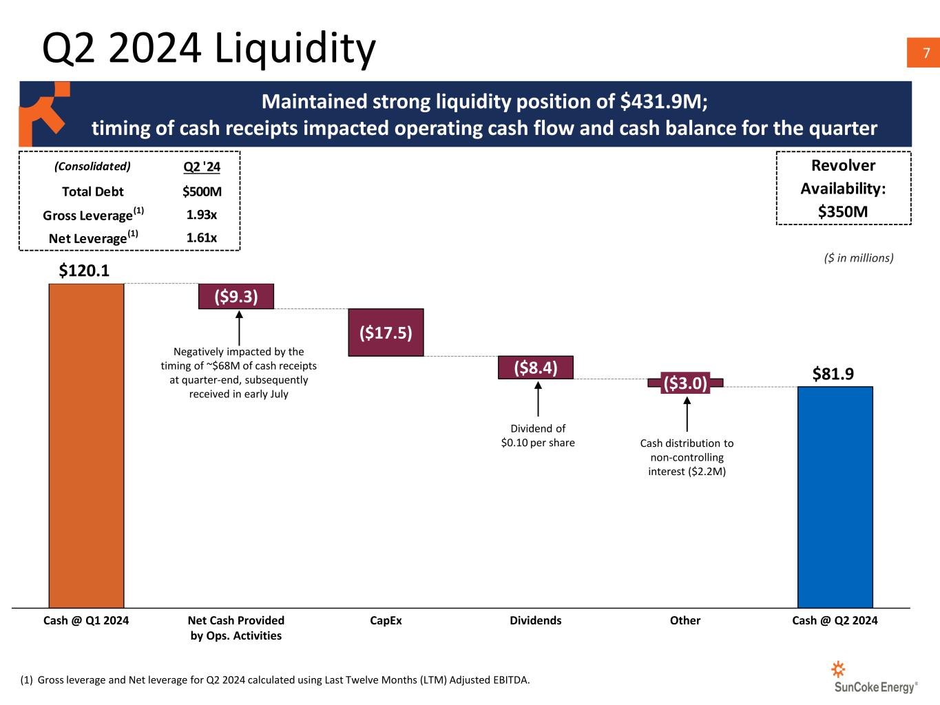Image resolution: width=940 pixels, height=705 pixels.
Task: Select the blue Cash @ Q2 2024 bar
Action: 835,496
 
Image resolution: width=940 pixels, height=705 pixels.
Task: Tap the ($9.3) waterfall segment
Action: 236,297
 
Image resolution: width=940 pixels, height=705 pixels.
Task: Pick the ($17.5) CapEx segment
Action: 386,333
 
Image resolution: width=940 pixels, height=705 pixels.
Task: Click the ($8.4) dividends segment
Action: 536,368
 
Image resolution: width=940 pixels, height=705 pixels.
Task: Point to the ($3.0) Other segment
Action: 685,383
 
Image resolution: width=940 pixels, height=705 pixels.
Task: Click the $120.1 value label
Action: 84,271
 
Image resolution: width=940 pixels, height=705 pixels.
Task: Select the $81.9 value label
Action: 833,374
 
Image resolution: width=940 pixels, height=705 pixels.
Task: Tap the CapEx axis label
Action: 386,620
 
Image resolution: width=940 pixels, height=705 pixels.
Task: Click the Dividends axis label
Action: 536,620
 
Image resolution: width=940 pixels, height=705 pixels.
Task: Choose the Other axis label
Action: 685,620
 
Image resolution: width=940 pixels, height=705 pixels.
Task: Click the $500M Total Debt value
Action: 202,191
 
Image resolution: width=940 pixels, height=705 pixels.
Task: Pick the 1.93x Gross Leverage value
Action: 202,215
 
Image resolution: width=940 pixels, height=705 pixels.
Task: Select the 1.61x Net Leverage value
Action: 202,238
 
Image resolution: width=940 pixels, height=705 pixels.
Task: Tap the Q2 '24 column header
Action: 202,167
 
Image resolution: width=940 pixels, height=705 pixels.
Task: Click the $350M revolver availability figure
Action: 843,211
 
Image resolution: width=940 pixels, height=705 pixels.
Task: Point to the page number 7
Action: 926,54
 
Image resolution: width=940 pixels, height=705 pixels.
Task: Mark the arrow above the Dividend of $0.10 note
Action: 538,399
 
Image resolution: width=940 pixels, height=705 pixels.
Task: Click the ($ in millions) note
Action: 859,257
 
